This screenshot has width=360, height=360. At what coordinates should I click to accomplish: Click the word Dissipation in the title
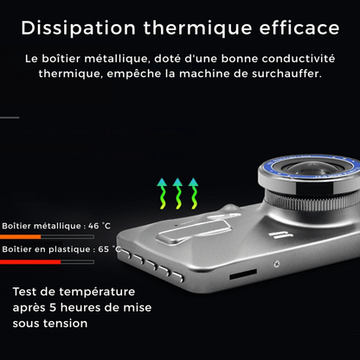[78, 28]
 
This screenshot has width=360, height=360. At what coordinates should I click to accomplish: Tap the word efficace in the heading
[299, 28]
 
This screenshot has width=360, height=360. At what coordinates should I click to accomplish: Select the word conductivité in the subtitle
[299, 59]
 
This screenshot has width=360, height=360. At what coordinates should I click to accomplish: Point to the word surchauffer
[286, 74]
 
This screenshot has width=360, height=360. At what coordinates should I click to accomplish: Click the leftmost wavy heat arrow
[162, 194]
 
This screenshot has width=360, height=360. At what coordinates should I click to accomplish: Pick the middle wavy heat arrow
[177, 194]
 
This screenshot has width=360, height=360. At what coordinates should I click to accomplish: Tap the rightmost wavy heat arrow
[193, 194]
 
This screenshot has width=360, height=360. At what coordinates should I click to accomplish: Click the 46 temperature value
[93, 226]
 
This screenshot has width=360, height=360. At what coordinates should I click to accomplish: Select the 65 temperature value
[103, 249]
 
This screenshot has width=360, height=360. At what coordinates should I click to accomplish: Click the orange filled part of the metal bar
[20, 237]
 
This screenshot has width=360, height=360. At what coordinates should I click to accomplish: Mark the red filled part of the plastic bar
[30, 262]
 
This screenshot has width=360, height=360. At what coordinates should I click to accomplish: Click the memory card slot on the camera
[243, 274]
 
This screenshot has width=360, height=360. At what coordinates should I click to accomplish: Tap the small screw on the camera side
[276, 263]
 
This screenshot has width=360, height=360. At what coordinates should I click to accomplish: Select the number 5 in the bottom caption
[53, 307]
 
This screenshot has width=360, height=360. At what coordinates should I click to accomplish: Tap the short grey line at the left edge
[10, 118]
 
